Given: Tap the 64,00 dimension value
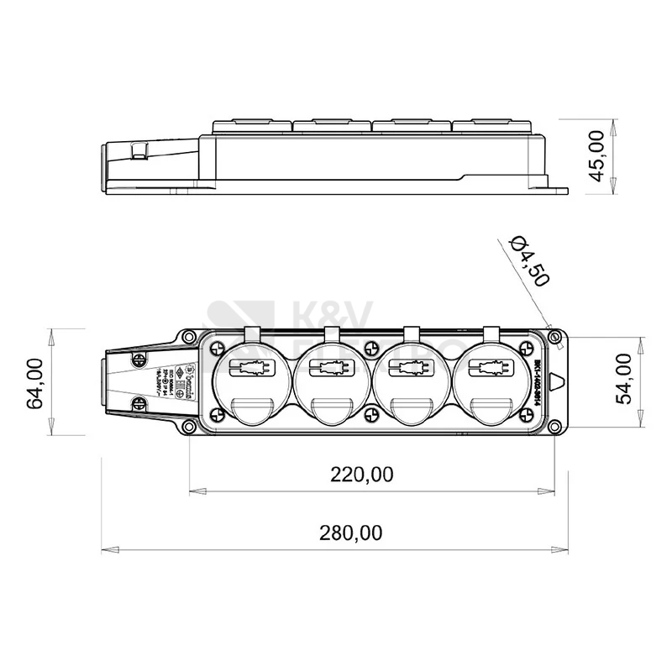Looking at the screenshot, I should pyautogui.click(x=35, y=382).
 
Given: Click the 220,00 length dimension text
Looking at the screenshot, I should pyautogui.click(x=361, y=475).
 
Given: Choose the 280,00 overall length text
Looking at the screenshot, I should pyautogui.click(x=350, y=533).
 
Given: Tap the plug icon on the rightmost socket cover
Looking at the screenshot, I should pyautogui.click(x=491, y=367).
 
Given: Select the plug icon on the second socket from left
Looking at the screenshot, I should pyautogui.click(x=333, y=367).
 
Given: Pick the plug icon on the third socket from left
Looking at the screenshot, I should pyautogui.click(x=412, y=367).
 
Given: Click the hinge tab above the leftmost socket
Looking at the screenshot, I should pyautogui.click(x=253, y=333).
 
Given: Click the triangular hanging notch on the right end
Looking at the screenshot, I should pyautogui.click(x=556, y=383).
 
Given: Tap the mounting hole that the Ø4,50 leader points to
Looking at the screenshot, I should pyautogui.click(x=554, y=337).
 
